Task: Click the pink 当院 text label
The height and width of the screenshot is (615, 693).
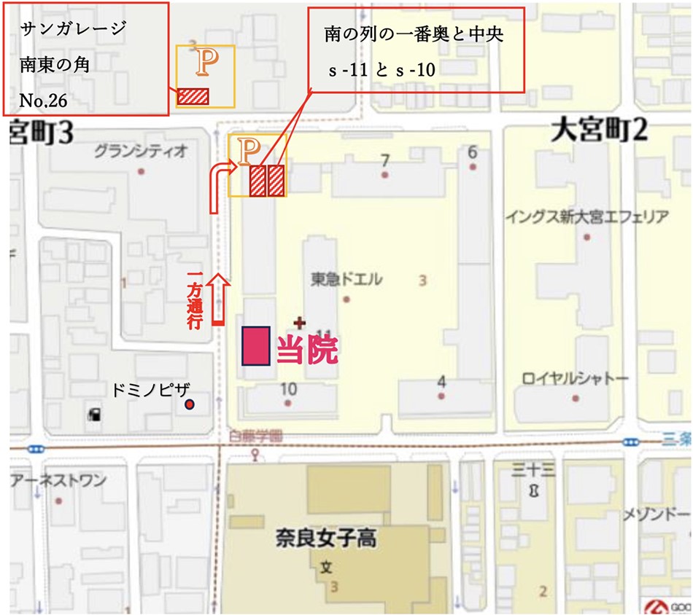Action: (x=307, y=351)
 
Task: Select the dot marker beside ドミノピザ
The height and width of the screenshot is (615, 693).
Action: (x=190, y=404)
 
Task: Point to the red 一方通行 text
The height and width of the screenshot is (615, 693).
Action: (x=194, y=300)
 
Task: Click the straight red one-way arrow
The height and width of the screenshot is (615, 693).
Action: (x=218, y=299)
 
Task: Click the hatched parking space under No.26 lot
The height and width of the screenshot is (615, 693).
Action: (x=194, y=96)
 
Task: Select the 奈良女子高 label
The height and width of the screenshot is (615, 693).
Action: (x=325, y=538)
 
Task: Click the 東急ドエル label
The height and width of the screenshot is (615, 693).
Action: (x=346, y=280)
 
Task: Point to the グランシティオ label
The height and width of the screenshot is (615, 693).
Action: (x=141, y=152)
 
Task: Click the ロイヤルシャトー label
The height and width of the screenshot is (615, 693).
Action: (x=575, y=379)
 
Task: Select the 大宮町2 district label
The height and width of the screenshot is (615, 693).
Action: (x=599, y=132)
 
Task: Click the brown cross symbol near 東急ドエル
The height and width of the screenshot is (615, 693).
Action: (x=299, y=321)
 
